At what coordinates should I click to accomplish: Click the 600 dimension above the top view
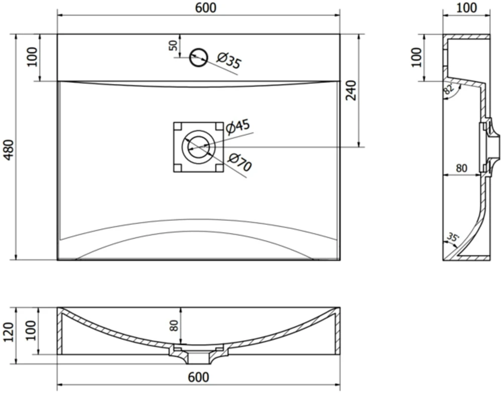click(206, 8)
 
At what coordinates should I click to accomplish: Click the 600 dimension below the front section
click(199, 377)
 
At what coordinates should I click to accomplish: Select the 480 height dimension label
click(9, 150)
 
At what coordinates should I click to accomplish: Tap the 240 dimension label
click(351, 91)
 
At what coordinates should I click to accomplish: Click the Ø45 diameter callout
click(238, 126)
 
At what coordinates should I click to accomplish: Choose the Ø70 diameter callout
click(240, 163)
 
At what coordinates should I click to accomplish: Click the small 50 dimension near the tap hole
click(173, 46)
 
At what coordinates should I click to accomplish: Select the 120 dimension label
click(9, 333)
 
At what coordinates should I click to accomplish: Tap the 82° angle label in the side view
click(448, 88)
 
